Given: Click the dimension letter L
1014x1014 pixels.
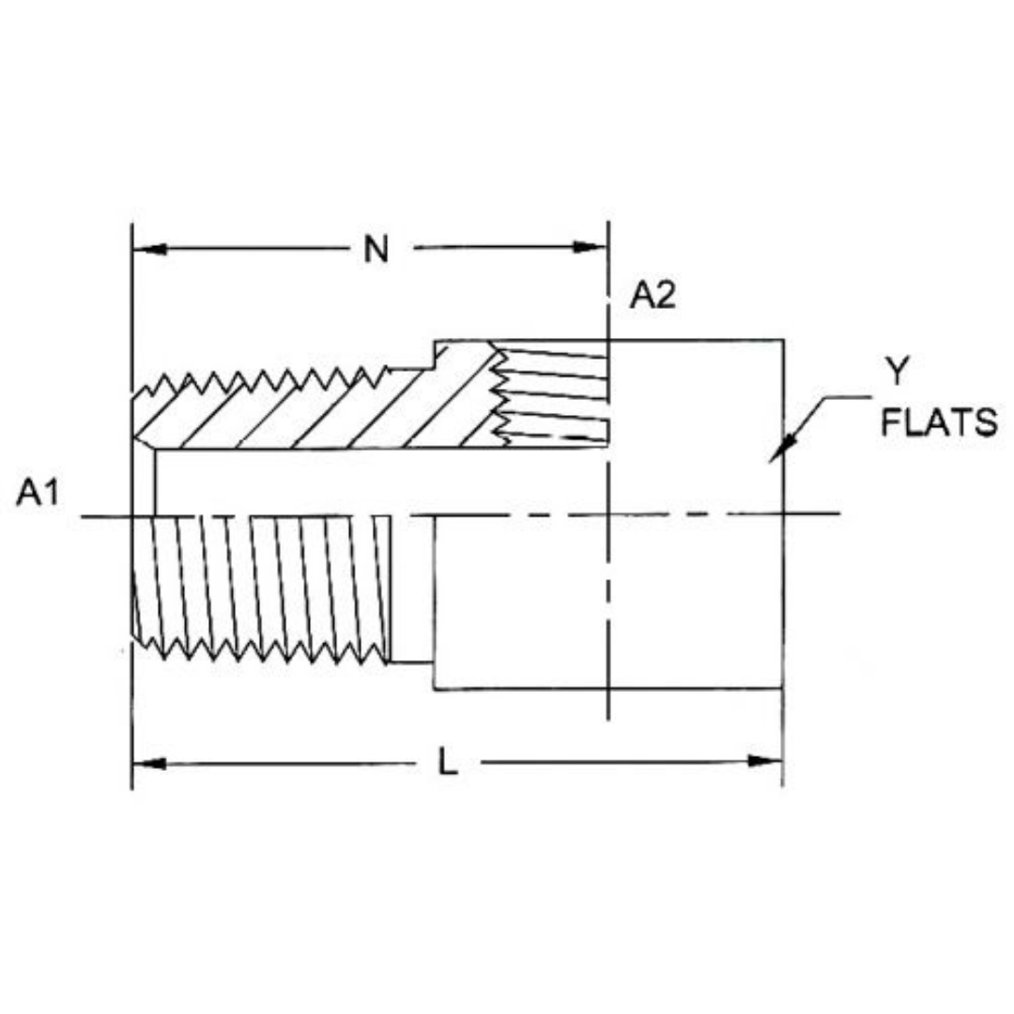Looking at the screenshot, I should [448, 763].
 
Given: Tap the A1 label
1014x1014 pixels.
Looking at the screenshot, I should [38, 494].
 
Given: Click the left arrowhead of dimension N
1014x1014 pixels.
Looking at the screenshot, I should [150, 249].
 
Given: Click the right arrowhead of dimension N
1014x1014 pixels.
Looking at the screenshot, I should [591, 249].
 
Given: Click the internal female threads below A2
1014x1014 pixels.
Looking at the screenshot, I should [554, 394].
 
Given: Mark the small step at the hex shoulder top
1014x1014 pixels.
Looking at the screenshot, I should [433, 354].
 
